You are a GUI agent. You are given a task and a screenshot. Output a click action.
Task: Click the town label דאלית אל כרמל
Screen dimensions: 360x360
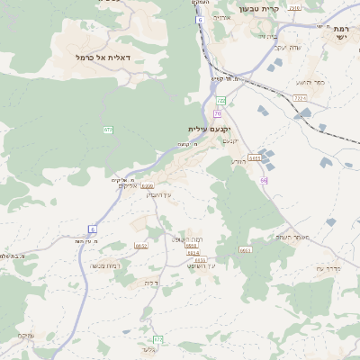tap(103, 57)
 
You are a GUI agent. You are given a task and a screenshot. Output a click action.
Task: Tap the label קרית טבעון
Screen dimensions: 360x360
tap(260, 9)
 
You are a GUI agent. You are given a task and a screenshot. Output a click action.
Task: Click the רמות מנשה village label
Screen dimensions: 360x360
tap(105, 265)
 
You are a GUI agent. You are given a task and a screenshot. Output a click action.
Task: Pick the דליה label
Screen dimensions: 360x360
tap(151, 283)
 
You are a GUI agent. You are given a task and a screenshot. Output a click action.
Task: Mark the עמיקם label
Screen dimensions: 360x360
tap(26, 336)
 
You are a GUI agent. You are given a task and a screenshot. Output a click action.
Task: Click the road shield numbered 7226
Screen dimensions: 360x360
tap(300, 97)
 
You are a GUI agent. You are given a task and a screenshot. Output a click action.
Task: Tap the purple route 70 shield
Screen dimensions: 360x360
tap(218, 114)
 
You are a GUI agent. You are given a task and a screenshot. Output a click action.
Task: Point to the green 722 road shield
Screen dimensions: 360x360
tap(221, 100)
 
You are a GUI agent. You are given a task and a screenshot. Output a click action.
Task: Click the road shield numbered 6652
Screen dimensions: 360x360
tap(141, 246)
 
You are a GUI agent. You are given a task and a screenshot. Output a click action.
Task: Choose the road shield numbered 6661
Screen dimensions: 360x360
tap(246, 250)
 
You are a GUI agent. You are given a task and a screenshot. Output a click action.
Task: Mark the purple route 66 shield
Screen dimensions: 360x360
tap(264, 181)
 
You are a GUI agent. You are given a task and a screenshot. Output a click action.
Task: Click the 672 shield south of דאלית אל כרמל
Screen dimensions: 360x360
tap(108, 130)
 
